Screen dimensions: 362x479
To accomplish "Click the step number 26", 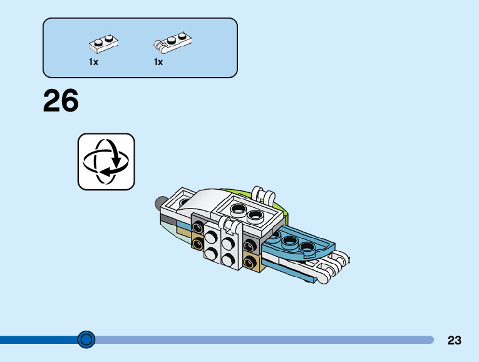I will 61,101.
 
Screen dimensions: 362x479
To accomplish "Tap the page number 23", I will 455,340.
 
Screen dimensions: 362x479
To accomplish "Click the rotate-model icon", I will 106,161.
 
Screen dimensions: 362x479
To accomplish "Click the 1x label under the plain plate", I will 93,63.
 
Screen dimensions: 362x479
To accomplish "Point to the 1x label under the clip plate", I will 158,63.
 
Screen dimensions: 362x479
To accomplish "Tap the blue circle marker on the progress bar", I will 86,339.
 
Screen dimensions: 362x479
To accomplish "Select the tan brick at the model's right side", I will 252,262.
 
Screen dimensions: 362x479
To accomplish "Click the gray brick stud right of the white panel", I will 250,244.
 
